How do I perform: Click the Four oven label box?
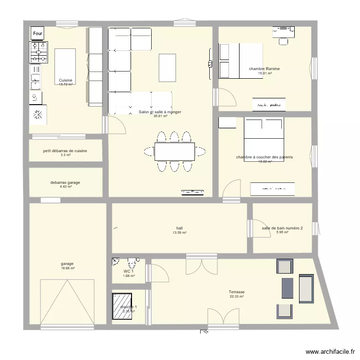(x=38, y=33)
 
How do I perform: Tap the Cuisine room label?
(x=66, y=80)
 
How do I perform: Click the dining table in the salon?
(x=175, y=151)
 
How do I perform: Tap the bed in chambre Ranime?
(x=240, y=61)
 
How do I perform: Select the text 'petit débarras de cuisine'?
(x=65, y=151)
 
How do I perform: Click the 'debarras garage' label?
(x=65, y=182)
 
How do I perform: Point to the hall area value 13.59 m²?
(x=179, y=233)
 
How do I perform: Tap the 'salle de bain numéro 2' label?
(x=282, y=228)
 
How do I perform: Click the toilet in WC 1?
(x=131, y=263)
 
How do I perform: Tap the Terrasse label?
(x=237, y=292)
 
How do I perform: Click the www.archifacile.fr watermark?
(x=328, y=351)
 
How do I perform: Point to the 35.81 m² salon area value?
(x=160, y=116)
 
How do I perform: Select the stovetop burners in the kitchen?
(x=39, y=52)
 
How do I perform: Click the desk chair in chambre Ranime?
(x=284, y=41)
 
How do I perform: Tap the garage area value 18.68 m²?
(x=68, y=268)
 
